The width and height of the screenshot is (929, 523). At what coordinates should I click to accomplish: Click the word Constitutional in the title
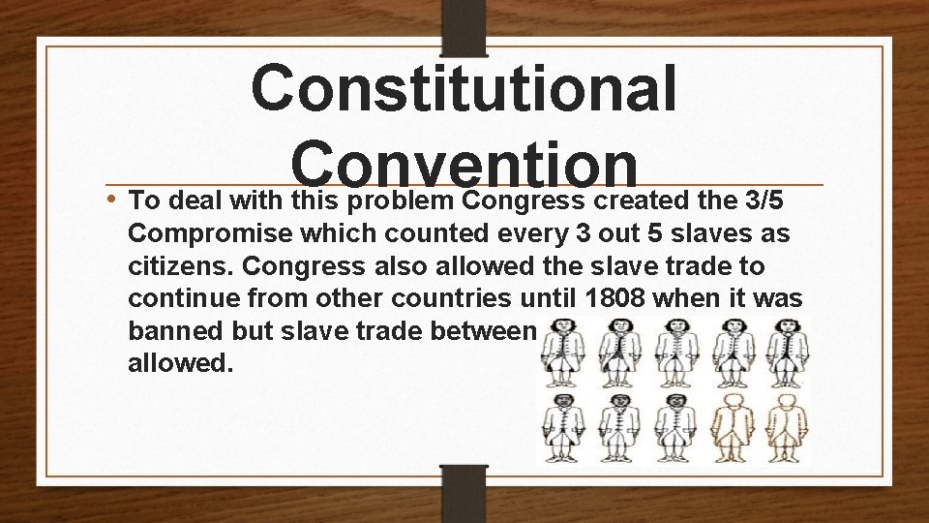click(464, 89)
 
